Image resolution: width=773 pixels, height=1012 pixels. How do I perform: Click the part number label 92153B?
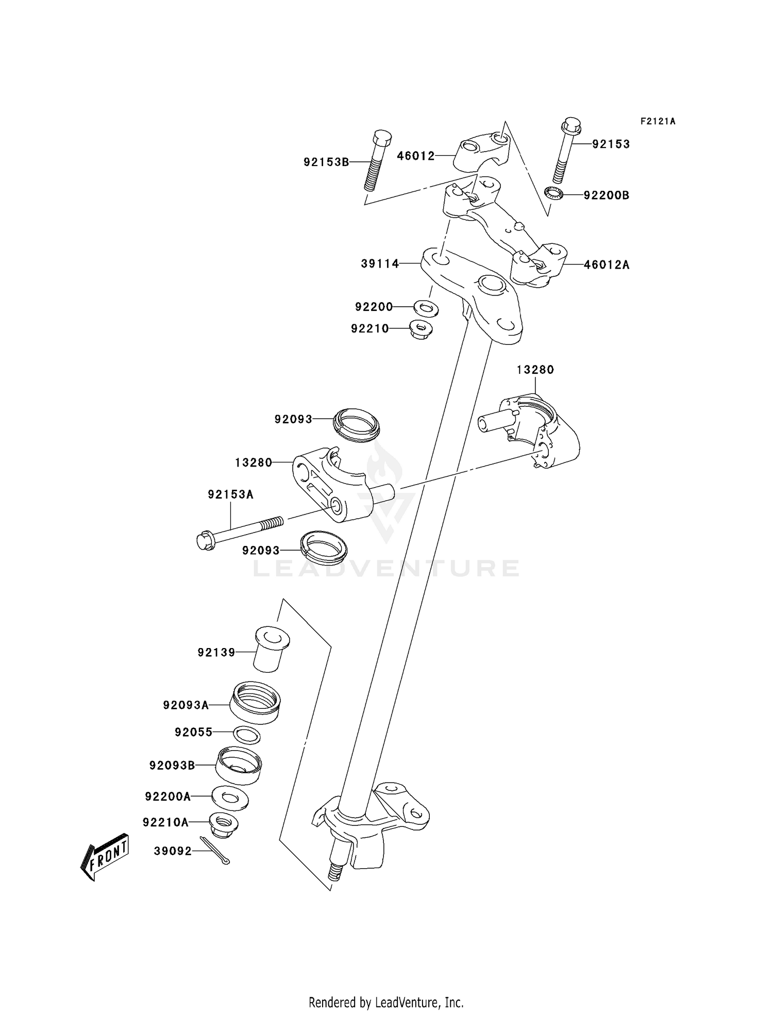326,162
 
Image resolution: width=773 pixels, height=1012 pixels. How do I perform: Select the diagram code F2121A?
658,122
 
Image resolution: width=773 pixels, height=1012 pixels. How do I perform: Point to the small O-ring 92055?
247,735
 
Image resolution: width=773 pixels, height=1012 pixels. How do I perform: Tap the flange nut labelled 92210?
421,328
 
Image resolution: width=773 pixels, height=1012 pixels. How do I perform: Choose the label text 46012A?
607,265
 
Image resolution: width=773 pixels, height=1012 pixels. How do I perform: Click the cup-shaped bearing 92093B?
239,765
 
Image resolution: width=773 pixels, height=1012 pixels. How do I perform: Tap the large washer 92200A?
229,797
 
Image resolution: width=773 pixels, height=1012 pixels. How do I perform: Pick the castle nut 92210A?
223,823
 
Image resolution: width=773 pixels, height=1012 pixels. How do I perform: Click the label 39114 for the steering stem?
380,264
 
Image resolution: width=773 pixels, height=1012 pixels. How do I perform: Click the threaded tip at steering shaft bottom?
335,873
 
